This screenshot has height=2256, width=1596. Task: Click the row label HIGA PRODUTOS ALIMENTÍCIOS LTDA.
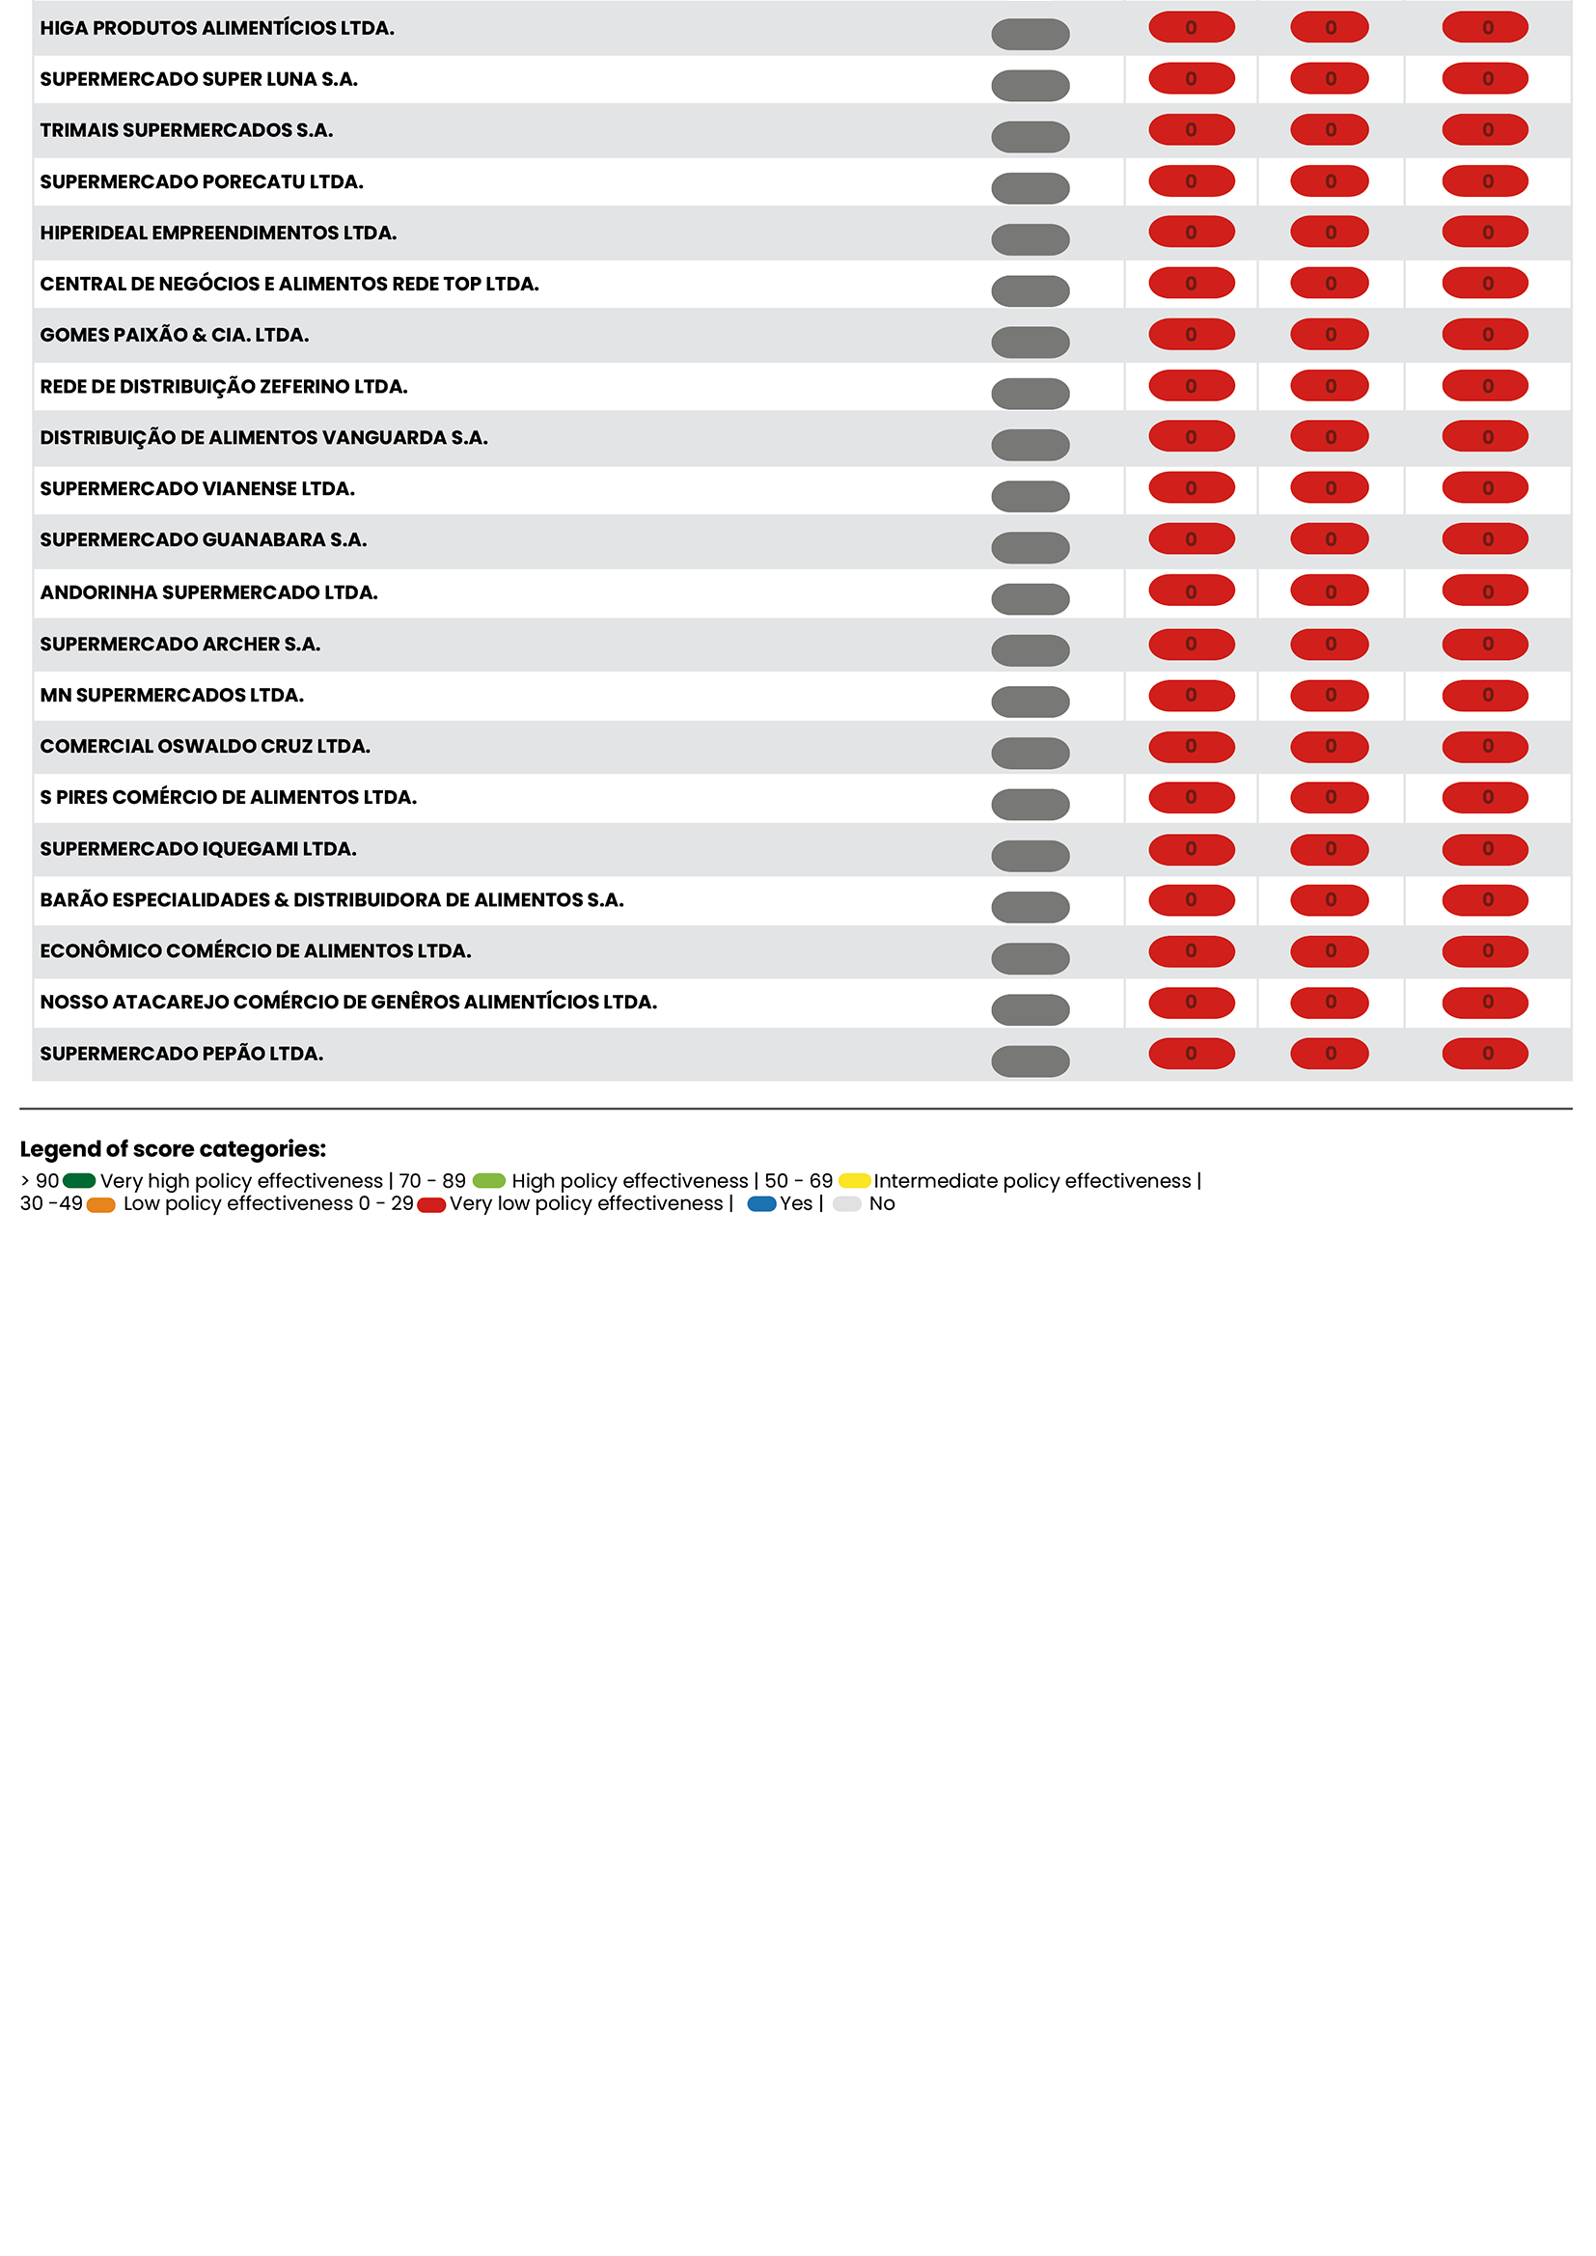[217, 29]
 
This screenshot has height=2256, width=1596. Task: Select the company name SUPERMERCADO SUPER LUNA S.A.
[199, 79]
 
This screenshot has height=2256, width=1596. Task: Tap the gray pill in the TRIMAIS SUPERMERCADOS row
[1030, 137]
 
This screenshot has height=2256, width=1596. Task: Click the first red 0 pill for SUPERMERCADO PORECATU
[1191, 181]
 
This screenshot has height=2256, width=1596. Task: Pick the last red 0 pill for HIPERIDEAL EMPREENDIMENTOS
[1484, 233]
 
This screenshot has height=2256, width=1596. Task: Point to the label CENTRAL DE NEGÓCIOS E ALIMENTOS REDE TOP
[289, 284]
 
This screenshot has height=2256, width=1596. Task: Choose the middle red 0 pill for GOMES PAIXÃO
[1329, 335]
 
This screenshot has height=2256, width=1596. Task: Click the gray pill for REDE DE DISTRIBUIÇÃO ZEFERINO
[1030, 394]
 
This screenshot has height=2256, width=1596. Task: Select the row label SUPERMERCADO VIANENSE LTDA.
[198, 488]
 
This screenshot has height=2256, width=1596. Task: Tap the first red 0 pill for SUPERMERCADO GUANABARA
[1191, 539]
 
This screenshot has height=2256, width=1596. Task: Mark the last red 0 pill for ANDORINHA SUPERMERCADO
[1484, 592]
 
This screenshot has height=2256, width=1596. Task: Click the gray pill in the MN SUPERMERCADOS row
[1030, 702]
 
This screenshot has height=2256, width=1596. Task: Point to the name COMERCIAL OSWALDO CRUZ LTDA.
[206, 746]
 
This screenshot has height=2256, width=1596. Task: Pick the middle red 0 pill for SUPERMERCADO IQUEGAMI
[1329, 849]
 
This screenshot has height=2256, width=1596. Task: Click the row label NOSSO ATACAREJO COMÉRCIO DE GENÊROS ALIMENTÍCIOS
[348, 1003]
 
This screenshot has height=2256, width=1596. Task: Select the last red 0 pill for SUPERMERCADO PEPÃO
[1484, 1054]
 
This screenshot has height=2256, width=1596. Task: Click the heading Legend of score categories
[173, 1148]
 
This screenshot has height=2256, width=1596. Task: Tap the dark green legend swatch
[79, 1180]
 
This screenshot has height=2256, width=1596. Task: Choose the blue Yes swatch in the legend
[761, 1203]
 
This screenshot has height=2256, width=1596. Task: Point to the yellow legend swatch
[854, 1180]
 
